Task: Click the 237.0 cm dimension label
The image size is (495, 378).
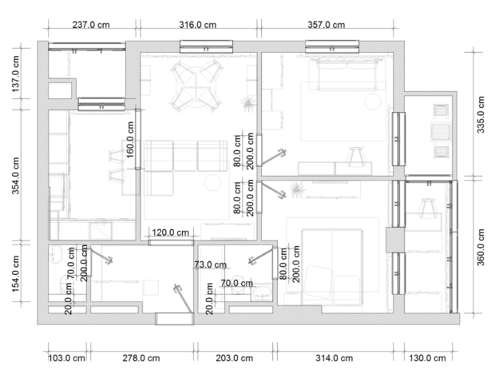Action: (91, 25)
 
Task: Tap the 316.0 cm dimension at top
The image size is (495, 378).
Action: (198, 25)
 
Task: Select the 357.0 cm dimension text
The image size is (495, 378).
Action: (326, 25)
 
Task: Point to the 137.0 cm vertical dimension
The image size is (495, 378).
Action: (15, 74)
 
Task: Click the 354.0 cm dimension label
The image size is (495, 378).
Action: (15, 176)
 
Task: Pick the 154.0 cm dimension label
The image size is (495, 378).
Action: (15, 273)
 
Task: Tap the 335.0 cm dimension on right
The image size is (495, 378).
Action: (480, 115)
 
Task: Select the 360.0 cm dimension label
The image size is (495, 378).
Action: (480, 248)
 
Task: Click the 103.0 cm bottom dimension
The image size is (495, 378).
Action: (66, 358)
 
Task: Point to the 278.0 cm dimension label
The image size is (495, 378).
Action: (141, 358)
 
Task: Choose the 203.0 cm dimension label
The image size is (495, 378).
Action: (234, 358)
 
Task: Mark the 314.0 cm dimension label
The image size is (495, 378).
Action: (334, 358)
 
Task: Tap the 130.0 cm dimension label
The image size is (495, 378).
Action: (427, 358)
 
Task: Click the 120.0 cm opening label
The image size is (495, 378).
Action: (171, 233)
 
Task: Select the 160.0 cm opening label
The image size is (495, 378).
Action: (130, 140)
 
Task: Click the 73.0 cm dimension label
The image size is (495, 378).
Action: (211, 265)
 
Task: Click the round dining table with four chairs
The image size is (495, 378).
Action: (196, 86)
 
